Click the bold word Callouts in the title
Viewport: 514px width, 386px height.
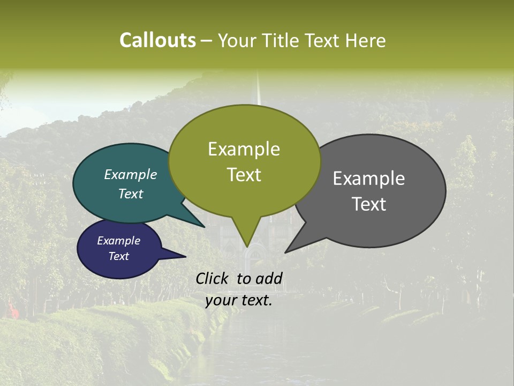157,40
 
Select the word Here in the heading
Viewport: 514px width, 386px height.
366,40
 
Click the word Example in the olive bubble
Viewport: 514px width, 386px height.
244,149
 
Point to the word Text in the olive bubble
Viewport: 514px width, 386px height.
244,175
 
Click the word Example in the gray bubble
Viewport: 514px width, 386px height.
369,179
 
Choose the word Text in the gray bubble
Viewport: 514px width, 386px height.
369,204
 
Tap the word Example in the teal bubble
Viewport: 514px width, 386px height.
131,174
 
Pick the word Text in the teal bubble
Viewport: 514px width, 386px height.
131,194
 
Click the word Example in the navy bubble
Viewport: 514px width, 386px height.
119,241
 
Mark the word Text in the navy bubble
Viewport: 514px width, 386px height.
119,256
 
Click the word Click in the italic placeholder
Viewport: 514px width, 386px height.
211,278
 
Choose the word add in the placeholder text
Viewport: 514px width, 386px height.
269,278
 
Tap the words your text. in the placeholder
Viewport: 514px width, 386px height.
239,300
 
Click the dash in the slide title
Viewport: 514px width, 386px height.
207,40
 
